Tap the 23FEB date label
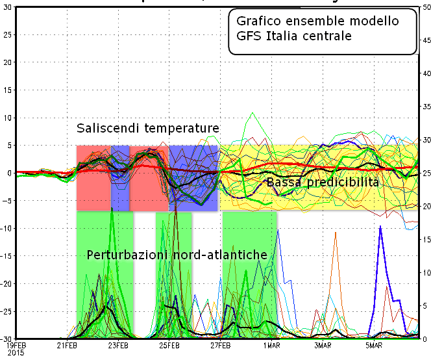118,345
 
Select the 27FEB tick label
220,345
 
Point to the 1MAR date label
271,345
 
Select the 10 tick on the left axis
6,118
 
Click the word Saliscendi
108,128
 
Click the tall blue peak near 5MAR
380,228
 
